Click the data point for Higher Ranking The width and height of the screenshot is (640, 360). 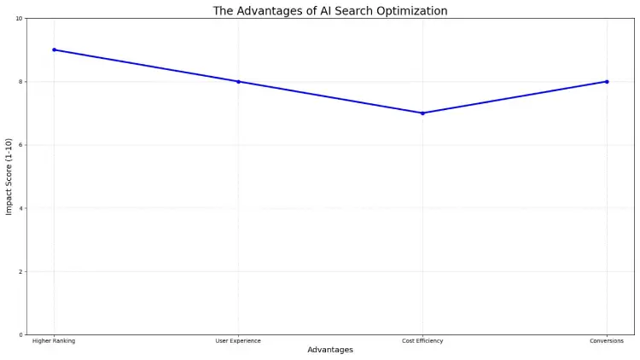(x=54, y=49)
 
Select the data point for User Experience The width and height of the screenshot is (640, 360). (x=238, y=82)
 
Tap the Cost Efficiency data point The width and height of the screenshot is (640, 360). (x=422, y=113)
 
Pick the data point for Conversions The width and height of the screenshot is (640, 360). (x=607, y=82)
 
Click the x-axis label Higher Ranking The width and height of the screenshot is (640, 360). (x=54, y=341)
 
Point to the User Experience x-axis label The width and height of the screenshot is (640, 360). (x=238, y=341)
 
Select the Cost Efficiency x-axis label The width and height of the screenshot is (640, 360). (x=422, y=341)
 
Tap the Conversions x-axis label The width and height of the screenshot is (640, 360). (x=607, y=341)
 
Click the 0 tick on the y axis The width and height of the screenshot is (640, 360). (x=20, y=335)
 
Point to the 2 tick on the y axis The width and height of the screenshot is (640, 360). (x=20, y=272)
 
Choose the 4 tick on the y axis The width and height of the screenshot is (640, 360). (x=20, y=208)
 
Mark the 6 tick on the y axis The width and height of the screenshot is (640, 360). (x=20, y=145)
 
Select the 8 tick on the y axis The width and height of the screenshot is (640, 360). (x=20, y=82)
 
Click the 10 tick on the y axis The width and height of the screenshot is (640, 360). (x=19, y=19)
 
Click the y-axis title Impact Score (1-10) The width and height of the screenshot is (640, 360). (x=9, y=177)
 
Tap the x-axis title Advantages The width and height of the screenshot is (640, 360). (x=330, y=351)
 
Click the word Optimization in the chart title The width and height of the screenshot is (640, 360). (x=411, y=11)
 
